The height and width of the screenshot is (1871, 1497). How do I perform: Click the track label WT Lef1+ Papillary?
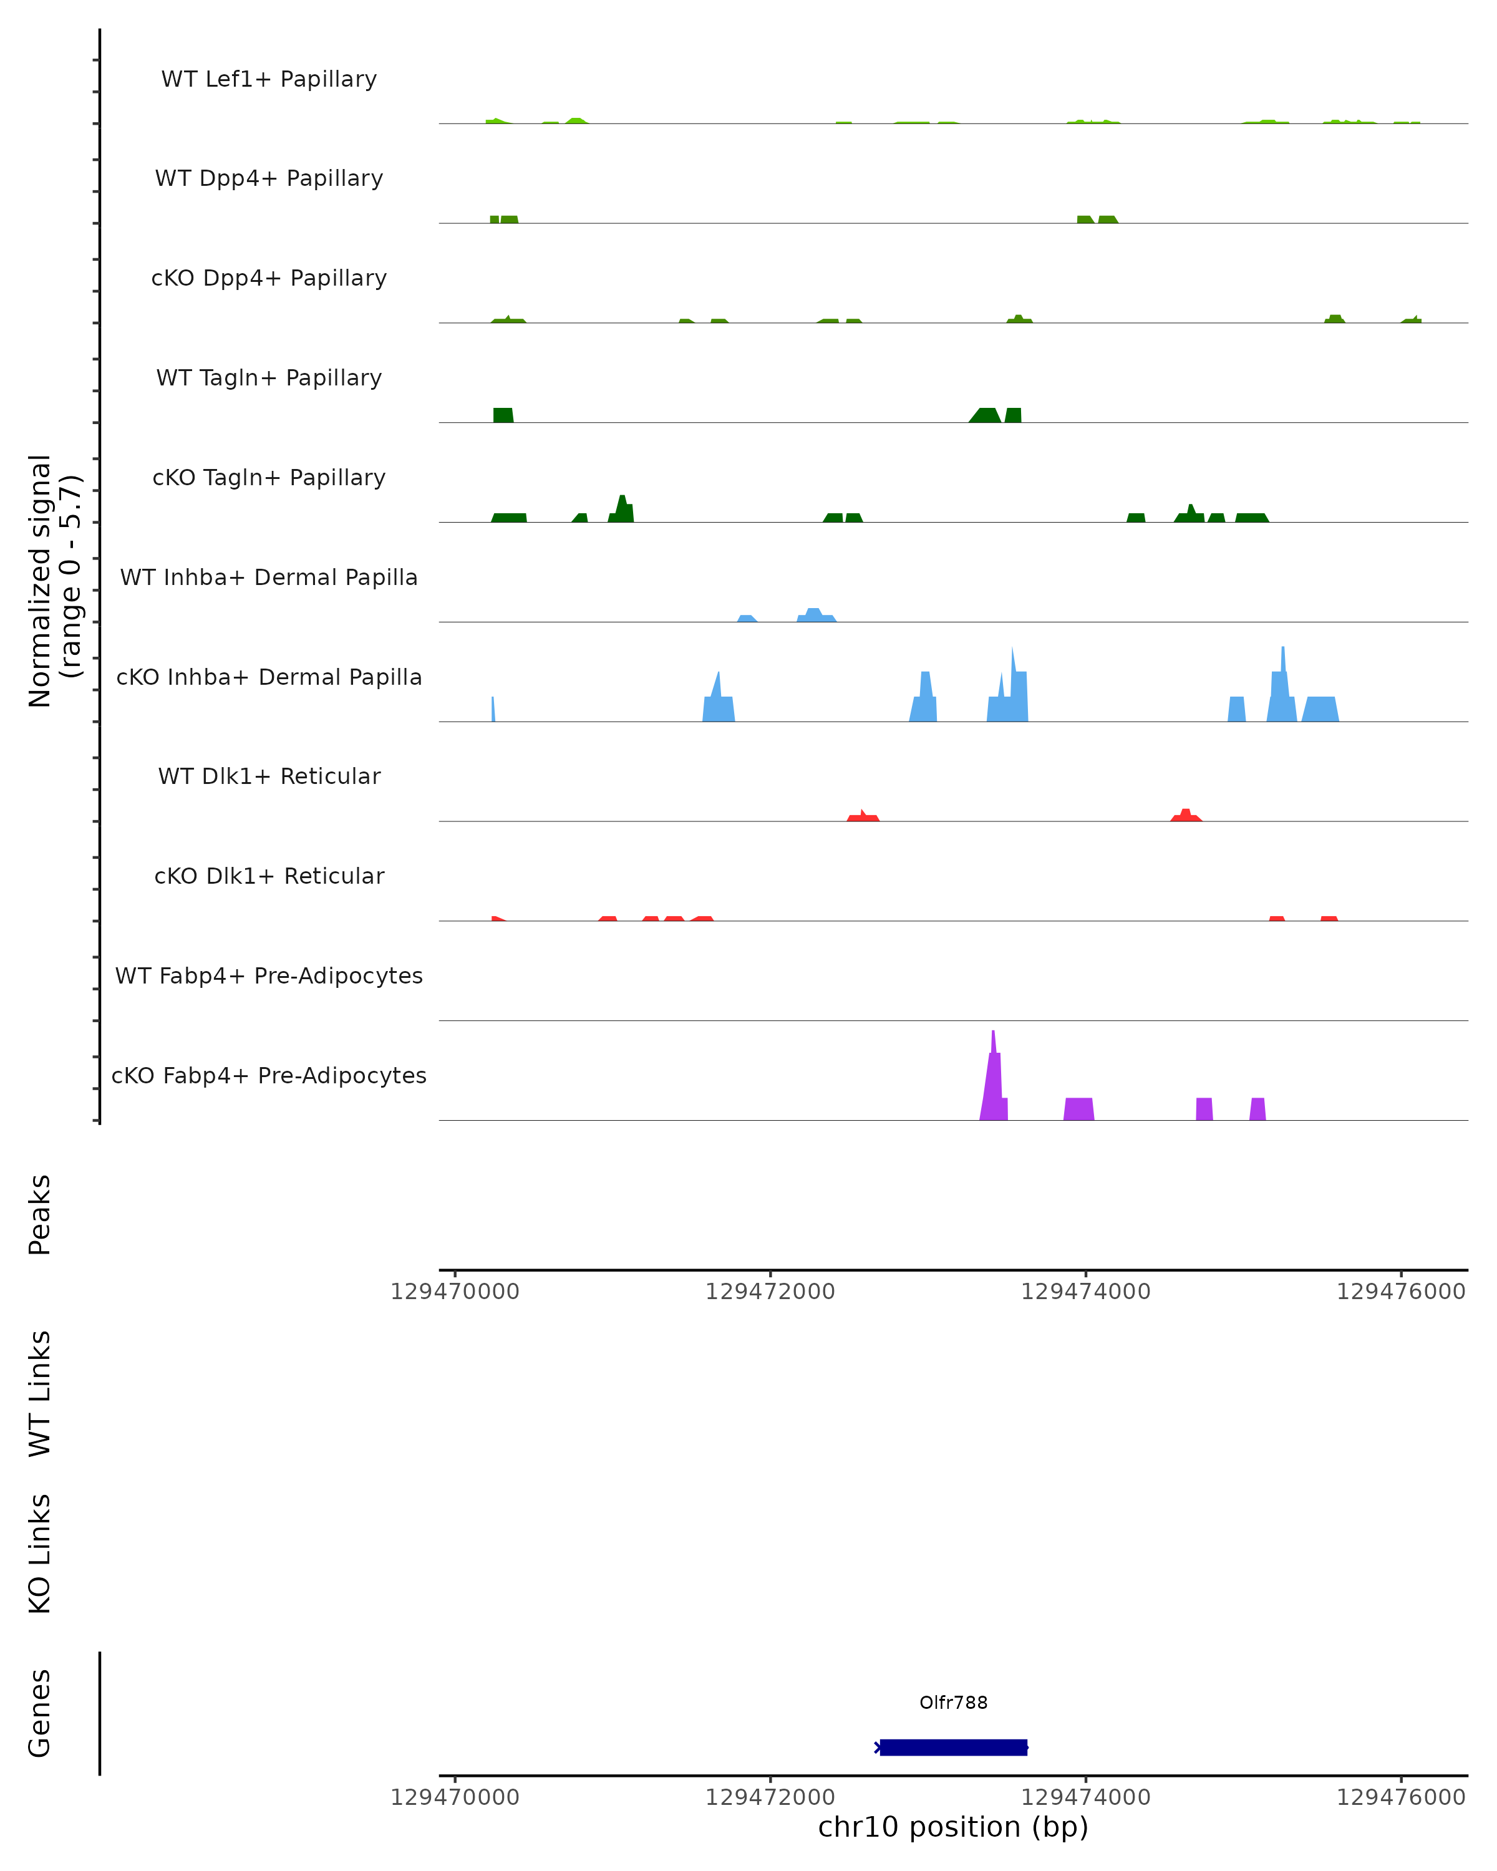pyautogui.click(x=269, y=79)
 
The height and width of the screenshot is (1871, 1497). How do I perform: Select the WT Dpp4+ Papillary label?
pyautogui.click(x=269, y=179)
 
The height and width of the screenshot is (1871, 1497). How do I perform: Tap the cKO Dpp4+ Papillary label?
pyautogui.click(x=269, y=279)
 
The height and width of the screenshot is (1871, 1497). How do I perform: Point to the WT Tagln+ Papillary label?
pyautogui.click(x=269, y=379)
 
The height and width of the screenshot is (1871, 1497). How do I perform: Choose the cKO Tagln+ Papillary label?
pyautogui.click(x=269, y=478)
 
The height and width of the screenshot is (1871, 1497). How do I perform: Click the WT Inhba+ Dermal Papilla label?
pyautogui.click(x=269, y=578)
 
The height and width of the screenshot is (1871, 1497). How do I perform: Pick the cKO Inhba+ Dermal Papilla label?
pyautogui.click(x=269, y=678)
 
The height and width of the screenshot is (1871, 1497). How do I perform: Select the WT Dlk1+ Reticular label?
pyautogui.click(x=269, y=776)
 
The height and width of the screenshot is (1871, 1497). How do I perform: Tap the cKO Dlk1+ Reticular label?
pyautogui.click(x=269, y=876)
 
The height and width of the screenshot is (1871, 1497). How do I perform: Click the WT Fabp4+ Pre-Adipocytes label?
pyautogui.click(x=269, y=976)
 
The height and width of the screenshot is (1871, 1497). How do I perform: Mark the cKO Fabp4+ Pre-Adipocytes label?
pyautogui.click(x=269, y=1076)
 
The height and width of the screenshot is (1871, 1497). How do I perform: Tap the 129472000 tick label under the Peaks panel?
pyautogui.click(x=770, y=1292)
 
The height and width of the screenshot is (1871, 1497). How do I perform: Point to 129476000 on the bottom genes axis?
pyautogui.click(x=1401, y=1798)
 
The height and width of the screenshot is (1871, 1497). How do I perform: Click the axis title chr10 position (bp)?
pyautogui.click(x=953, y=1827)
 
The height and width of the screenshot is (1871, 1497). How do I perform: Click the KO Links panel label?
pyautogui.click(x=40, y=1554)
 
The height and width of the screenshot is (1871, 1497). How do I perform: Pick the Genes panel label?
pyautogui.click(x=40, y=1713)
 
